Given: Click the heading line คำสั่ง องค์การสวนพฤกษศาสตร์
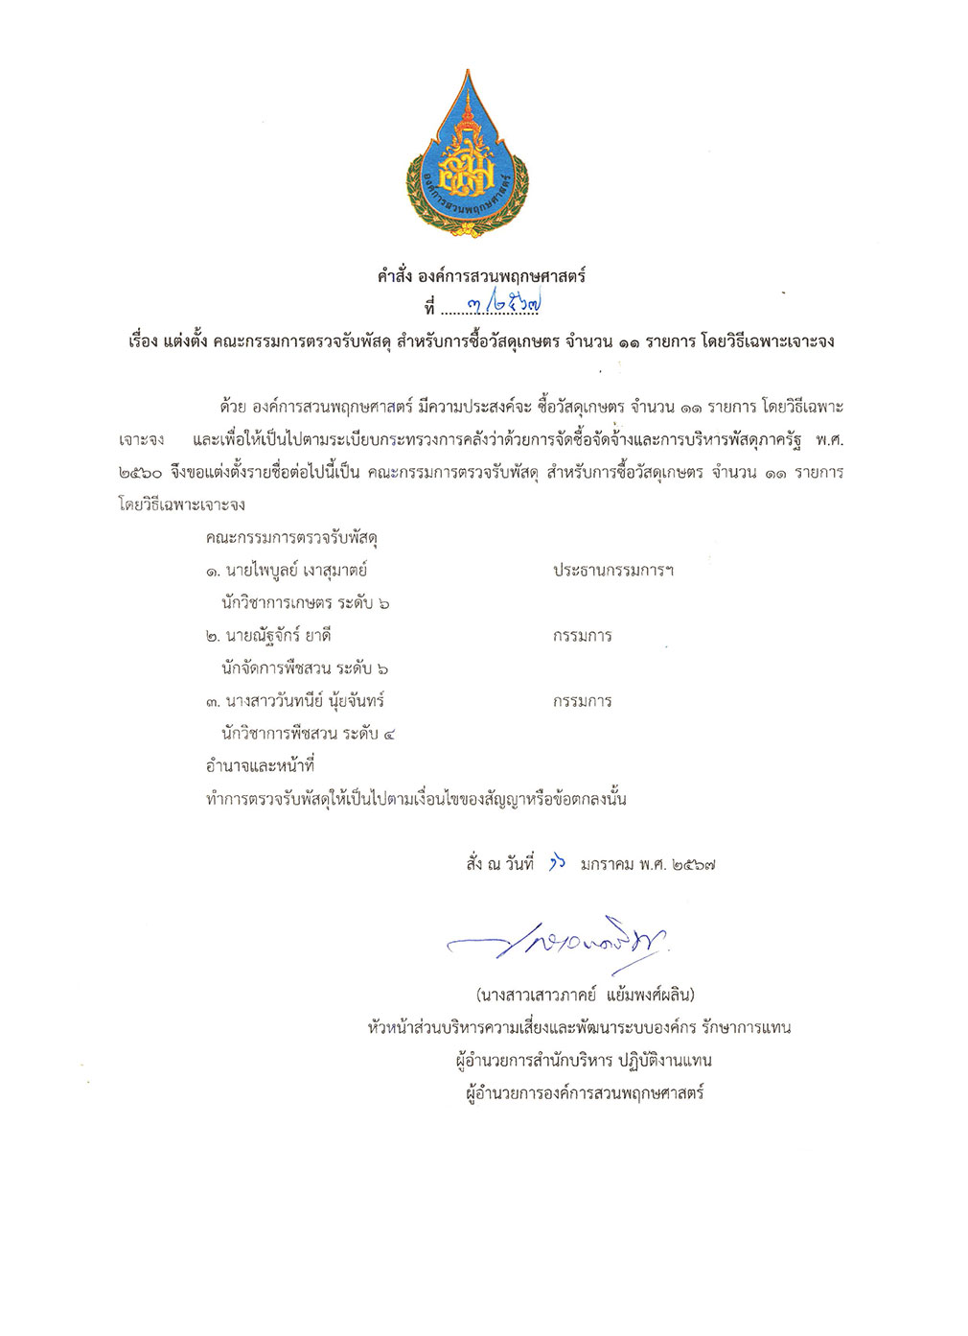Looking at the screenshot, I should click(x=481, y=276).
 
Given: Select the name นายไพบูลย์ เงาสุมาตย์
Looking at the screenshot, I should click(x=296, y=571).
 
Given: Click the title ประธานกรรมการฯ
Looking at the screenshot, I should click(x=612, y=571).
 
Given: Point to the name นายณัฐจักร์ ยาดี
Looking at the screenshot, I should click(x=278, y=636).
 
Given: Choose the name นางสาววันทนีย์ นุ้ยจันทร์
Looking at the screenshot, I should click(x=305, y=701).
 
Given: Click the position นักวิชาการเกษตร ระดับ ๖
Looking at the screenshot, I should click(x=305, y=603).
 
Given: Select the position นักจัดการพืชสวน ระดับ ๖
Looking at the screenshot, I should click(x=305, y=668).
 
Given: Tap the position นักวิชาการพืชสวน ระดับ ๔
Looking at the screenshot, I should click(x=308, y=734).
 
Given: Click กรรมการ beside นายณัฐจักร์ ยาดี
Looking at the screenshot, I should click(x=582, y=636).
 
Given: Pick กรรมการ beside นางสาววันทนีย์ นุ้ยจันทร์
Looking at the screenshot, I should click(x=582, y=701).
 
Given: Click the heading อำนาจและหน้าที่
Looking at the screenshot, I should click(x=260, y=766).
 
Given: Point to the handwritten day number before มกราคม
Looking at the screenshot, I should click(x=557, y=863).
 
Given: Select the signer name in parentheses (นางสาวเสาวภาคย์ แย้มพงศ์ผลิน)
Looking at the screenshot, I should click(x=585, y=995).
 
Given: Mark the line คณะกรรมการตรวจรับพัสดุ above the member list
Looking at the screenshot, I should click(x=291, y=538).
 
